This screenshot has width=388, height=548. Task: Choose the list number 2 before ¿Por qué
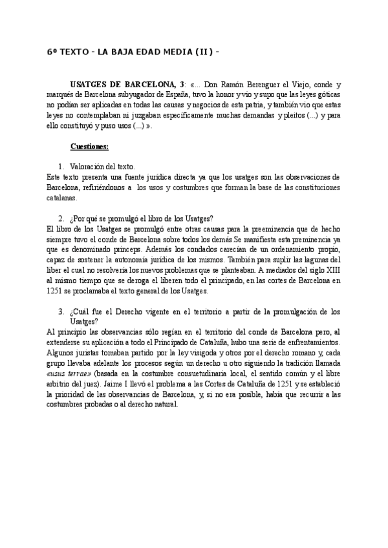pos(61,218)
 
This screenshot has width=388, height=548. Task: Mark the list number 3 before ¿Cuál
pos(61,311)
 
